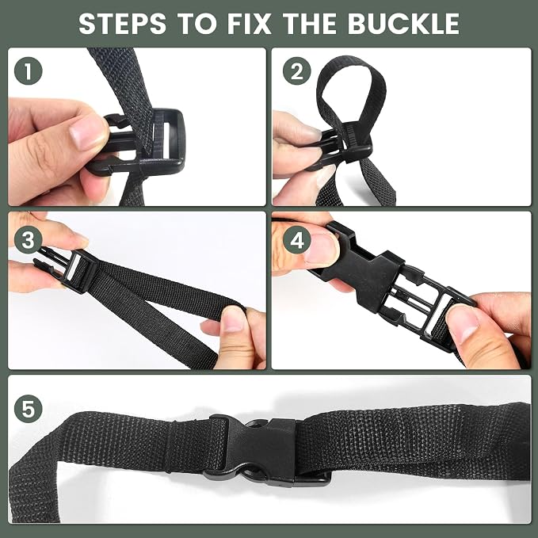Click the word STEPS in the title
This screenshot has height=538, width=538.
pyautogui.click(x=123, y=23)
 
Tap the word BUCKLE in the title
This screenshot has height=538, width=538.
pyautogui.click(x=403, y=23)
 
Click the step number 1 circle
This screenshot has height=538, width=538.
pyautogui.click(x=29, y=71)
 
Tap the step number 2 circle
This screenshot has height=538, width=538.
pyautogui.click(x=297, y=71)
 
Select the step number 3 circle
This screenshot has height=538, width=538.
pyautogui.click(x=29, y=239)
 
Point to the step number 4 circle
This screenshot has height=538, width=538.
pyautogui.click(x=297, y=239)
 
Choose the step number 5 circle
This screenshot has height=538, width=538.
pyautogui.click(x=29, y=408)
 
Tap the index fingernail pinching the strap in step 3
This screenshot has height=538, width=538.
pyautogui.click(x=233, y=319)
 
